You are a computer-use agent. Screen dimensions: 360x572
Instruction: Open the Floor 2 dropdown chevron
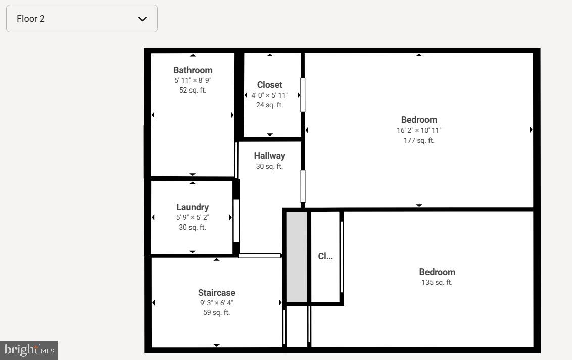click(x=142, y=19)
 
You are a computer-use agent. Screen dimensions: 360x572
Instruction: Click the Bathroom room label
click(x=193, y=70)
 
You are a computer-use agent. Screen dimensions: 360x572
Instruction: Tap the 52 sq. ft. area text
click(x=193, y=90)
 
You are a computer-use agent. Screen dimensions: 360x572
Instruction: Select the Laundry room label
click(x=192, y=207)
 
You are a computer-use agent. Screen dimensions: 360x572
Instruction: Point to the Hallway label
click(x=269, y=156)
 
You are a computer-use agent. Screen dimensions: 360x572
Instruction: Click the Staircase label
click(x=216, y=293)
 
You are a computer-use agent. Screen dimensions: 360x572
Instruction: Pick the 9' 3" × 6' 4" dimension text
click(x=216, y=303)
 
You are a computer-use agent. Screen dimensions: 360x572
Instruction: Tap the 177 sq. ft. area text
click(x=418, y=140)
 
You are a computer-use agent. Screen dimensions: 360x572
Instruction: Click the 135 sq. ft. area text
click(x=437, y=282)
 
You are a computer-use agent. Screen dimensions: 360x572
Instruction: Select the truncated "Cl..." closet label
click(x=325, y=256)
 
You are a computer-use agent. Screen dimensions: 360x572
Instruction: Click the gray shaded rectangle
click(x=297, y=257)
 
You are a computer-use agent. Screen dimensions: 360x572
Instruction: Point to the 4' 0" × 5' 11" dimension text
click(x=269, y=95)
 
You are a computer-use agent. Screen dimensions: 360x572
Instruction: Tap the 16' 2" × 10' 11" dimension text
click(x=418, y=130)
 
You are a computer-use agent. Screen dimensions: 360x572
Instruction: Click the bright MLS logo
click(x=29, y=350)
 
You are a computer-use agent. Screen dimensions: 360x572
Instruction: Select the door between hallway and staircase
click(x=259, y=256)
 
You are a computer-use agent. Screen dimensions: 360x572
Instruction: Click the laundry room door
click(x=235, y=220)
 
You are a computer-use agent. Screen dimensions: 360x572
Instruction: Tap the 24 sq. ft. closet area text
click(x=269, y=105)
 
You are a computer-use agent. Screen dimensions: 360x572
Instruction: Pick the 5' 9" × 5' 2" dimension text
click(x=192, y=217)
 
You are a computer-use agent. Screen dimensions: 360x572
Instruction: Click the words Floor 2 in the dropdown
click(x=31, y=19)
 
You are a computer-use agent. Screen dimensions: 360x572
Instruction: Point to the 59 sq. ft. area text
click(x=216, y=312)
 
